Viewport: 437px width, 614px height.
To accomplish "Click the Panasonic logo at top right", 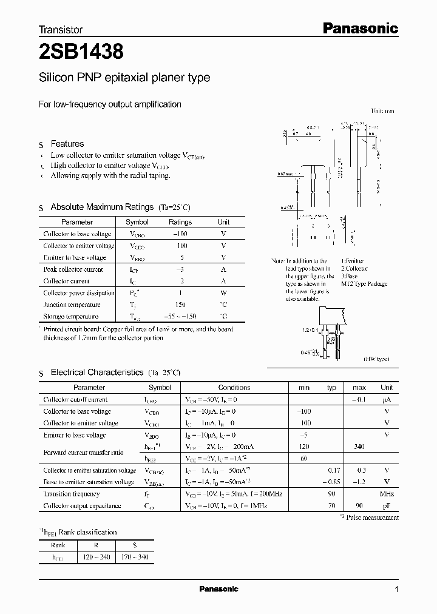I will [359, 28].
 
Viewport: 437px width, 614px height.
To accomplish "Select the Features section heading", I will [67, 144].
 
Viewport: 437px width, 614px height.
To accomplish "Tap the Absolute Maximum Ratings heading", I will [103, 207].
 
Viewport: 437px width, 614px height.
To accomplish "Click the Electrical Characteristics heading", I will [97, 372].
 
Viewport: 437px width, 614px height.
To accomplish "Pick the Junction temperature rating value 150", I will [180, 305].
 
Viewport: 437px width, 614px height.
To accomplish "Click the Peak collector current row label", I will [73, 269].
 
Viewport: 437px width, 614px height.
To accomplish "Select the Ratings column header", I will [180, 222].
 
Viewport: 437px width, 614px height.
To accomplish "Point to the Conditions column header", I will [234, 387].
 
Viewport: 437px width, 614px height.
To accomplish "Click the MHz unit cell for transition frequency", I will [387, 494].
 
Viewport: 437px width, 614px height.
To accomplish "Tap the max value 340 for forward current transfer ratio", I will [359, 447].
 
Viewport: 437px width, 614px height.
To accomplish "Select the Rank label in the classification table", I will [56, 545].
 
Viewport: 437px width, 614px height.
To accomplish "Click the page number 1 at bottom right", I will [396, 590].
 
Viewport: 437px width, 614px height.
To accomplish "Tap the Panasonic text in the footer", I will [218, 589].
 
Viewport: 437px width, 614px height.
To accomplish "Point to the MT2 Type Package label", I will [364, 284].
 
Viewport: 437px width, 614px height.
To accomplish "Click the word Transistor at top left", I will [60, 29].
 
